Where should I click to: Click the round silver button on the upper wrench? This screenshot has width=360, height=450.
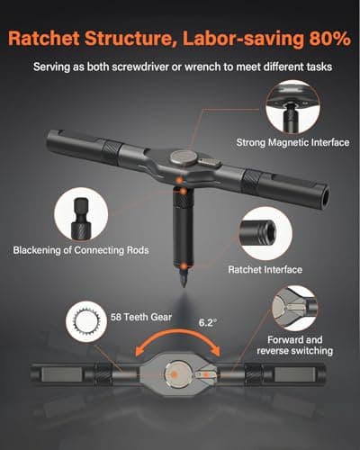click(184, 157)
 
